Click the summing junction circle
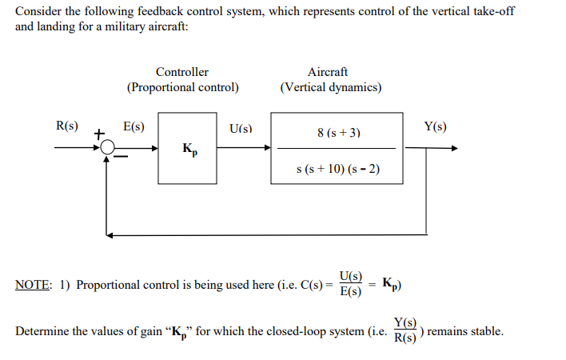(x=108, y=148)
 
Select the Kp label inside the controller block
(x=189, y=149)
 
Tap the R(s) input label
(x=66, y=126)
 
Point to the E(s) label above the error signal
(x=133, y=126)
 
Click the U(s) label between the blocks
(x=240, y=128)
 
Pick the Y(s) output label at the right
(x=436, y=126)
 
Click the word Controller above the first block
(x=182, y=72)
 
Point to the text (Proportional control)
(x=182, y=87)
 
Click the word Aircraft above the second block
(x=328, y=72)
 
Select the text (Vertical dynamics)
(x=331, y=87)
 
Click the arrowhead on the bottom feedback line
(x=110, y=234)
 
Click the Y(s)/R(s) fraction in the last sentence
(x=406, y=331)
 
